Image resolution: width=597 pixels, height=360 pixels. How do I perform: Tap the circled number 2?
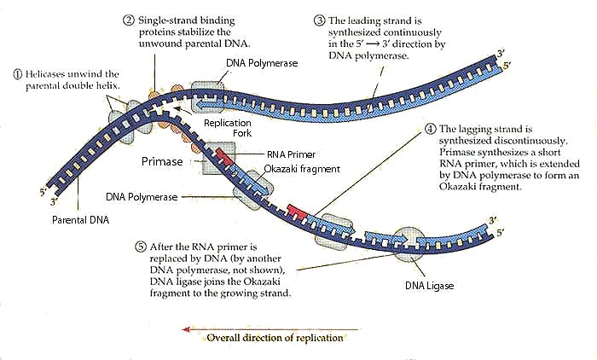click(128, 20)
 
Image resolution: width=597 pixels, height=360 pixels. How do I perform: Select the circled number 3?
click(319, 20)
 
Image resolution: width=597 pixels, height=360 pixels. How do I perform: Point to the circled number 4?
click(429, 131)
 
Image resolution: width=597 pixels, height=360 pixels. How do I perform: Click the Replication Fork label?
click(227, 128)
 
